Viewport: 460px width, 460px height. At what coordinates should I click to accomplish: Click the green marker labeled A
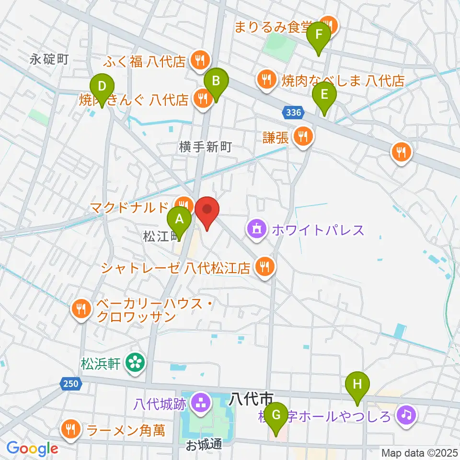pos(179,220)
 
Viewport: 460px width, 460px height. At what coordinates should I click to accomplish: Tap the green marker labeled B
pos(216,81)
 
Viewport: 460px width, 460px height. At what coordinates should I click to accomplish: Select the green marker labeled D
pos(102,87)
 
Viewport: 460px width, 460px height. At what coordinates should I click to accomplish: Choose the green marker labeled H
pos(357,384)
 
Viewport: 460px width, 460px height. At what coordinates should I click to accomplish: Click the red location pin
pos(207,210)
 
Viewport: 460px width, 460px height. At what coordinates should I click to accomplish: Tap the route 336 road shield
pos(292,113)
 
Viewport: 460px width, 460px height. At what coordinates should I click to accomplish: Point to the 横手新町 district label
pos(206,147)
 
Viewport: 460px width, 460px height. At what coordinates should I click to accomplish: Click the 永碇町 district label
pos(49,59)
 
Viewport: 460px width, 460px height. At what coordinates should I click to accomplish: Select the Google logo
pos(32,448)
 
